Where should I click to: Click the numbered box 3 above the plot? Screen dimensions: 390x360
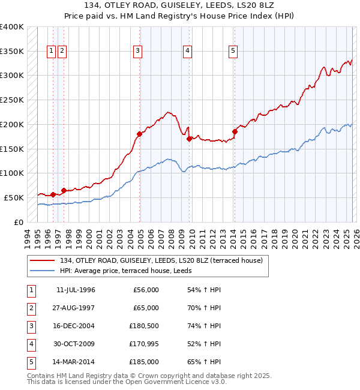pyautogui.click(x=138, y=52)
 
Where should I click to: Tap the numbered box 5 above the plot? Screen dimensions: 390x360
pyautogui.click(x=232, y=52)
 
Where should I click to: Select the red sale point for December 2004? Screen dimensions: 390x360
pyautogui.click(x=139, y=134)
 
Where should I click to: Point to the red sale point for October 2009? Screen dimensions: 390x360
pyautogui.click(x=190, y=139)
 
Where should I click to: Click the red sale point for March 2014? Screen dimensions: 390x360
pyautogui.click(x=235, y=131)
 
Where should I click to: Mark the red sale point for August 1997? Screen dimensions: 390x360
pyautogui.click(x=64, y=190)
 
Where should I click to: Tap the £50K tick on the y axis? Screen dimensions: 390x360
pyautogui.click(x=14, y=197)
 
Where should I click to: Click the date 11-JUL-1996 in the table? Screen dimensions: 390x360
pyautogui.click(x=76, y=290)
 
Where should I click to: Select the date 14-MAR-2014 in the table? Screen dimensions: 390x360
pyautogui.click(x=76, y=362)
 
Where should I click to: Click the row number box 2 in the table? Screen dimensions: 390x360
pyautogui.click(x=31, y=308)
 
